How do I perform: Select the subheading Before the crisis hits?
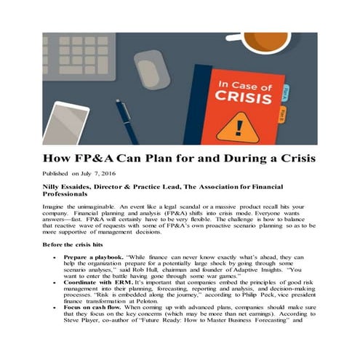[x=77, y=246]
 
